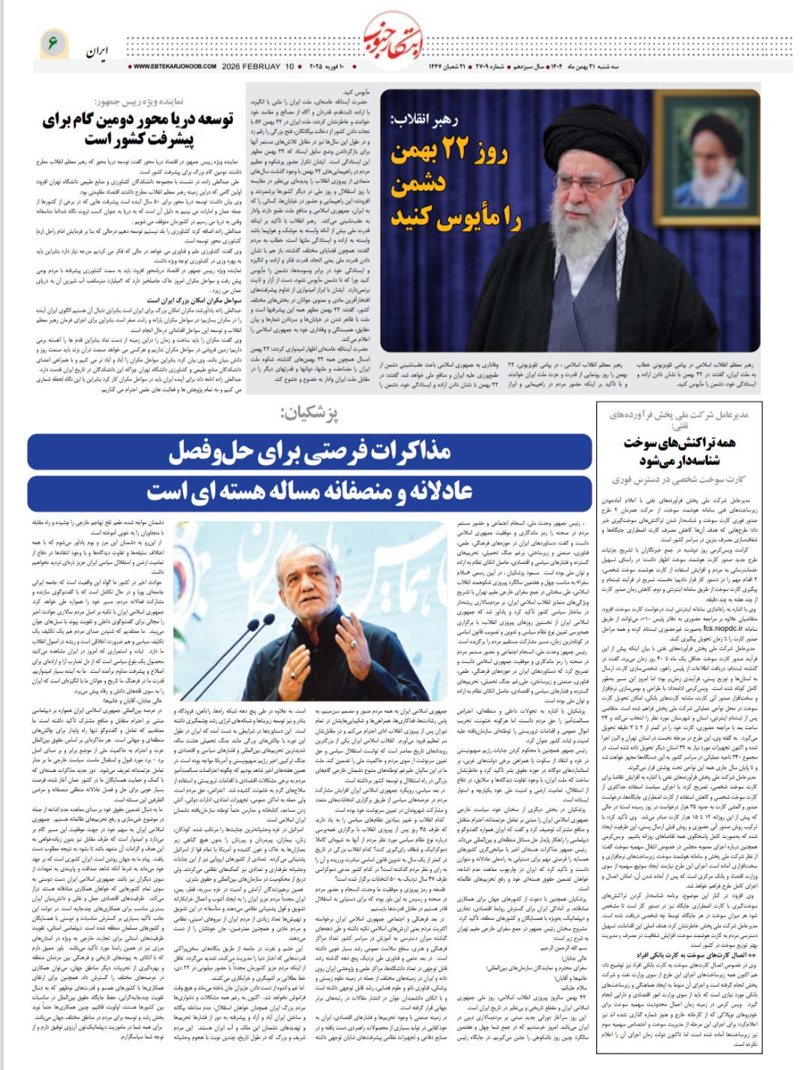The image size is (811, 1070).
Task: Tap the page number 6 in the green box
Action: [x=53, y=43]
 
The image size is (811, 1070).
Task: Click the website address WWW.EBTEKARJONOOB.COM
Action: [x=173, y=67]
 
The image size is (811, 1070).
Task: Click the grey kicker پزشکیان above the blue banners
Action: [x=309, y=414]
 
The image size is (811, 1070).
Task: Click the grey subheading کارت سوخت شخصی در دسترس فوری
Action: [x=677, y=480]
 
